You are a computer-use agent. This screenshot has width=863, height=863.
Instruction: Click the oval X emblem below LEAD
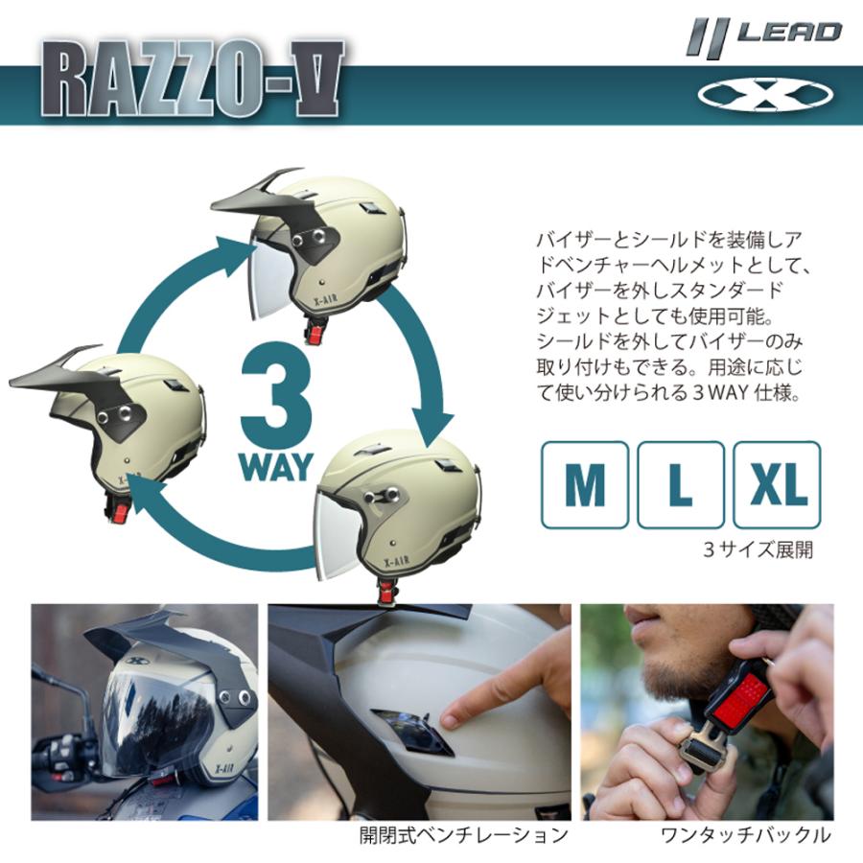tap(765, 94)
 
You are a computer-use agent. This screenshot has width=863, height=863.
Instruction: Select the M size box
tap(584, 484)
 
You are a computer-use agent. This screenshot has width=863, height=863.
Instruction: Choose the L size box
tap(680, 484)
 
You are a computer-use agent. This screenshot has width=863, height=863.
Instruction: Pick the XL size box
tap(777, 484)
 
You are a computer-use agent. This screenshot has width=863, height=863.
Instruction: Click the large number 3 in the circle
tap(277, 397)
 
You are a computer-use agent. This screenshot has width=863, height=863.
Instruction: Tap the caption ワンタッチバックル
tap(745, 835)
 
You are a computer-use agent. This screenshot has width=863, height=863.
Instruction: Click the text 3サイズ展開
tap(758, 550)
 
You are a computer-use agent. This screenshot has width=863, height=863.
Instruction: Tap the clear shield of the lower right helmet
tap(338, 532)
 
